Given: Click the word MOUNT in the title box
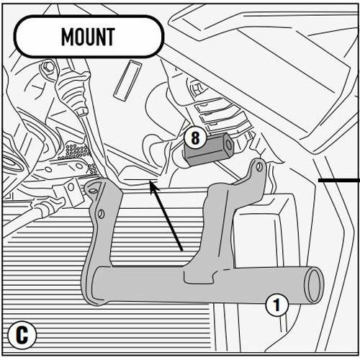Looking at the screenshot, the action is [88, 37].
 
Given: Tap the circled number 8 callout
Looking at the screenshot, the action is [195, 138].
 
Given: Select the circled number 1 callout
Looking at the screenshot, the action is [276, 305].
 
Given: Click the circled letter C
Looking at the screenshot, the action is [22, 335].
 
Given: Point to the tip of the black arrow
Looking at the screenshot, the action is [150, 181].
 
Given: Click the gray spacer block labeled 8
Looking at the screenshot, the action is [208, 149].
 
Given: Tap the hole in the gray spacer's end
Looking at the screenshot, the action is [229, 145].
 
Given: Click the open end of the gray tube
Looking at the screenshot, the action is [314, 285].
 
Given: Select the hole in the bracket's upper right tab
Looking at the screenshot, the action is [259, 166].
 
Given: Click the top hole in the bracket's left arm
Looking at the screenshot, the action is [94, 191].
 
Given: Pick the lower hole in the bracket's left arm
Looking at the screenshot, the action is [102, 215].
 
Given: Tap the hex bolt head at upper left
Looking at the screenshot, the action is [49, 68].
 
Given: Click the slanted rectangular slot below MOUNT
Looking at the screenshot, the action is [127, 81].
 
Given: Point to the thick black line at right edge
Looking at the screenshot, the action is [339, 180].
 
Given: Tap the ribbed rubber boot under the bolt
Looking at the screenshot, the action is [72, 94].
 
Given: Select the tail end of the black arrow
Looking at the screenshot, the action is [182, 251].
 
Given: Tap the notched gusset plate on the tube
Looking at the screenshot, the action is [199, 276].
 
